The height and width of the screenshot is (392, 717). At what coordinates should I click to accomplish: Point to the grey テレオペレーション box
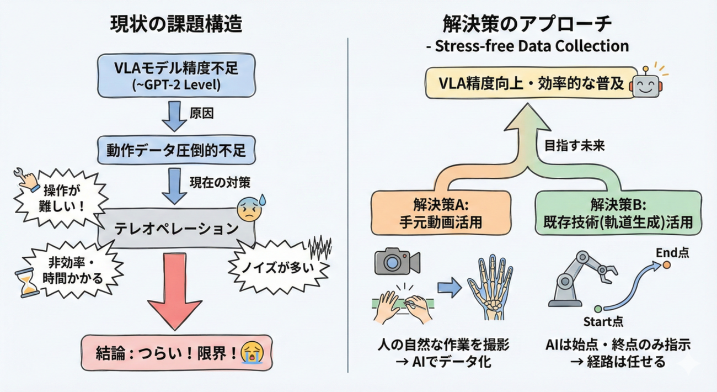click(x=176, y=227)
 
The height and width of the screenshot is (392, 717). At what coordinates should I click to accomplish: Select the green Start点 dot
click(x=597, y=308)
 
